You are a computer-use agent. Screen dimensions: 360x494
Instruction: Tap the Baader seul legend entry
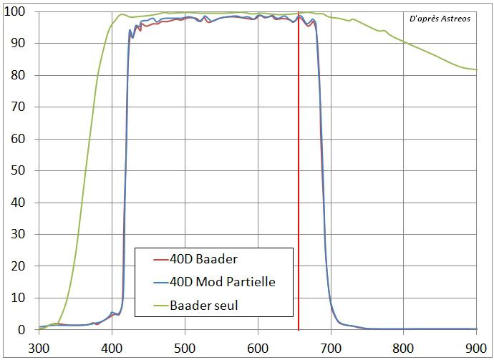(205, 305)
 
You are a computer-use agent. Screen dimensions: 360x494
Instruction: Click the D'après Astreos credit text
(440, 19)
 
